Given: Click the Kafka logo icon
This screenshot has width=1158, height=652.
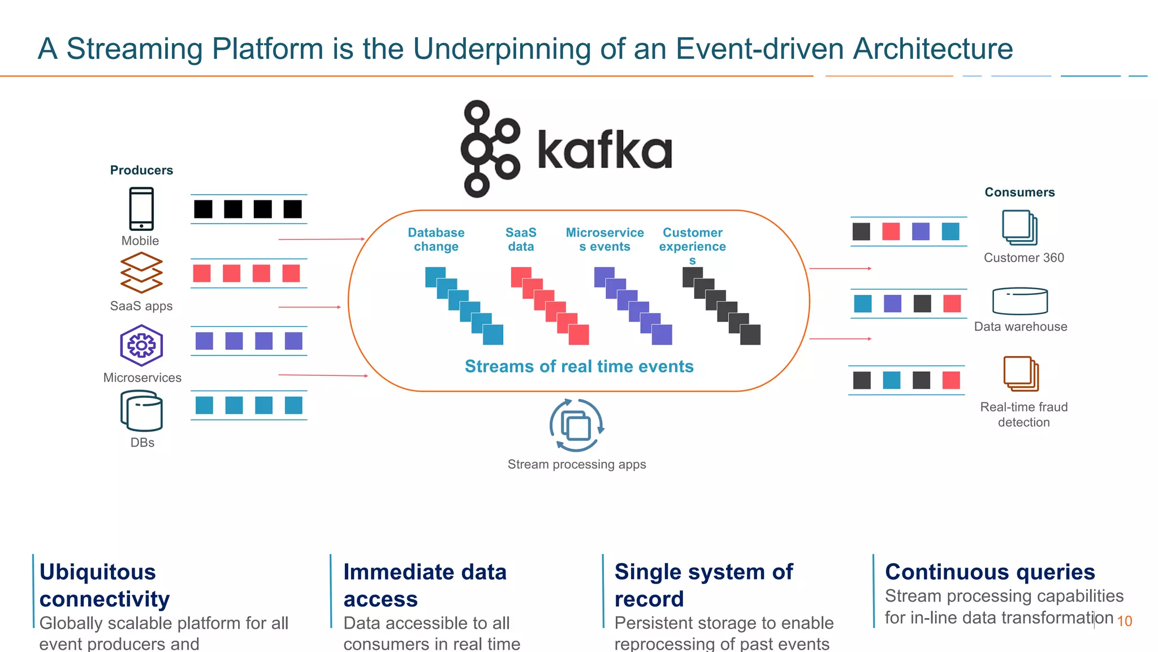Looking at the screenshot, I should (x=490, y=149).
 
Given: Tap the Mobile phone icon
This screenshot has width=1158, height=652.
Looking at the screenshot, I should (x=141, y=208).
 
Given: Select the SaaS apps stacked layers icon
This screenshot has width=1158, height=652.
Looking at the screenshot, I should (x=141, y=272).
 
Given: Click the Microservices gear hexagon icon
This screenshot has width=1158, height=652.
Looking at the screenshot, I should (x=141, y=345).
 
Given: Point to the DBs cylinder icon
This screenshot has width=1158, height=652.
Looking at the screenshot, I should (x=141, y=411).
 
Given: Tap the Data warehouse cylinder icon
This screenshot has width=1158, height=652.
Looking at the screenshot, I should (x=1020, y=301).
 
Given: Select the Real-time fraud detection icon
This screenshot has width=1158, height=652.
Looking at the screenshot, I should (x=1021, y=374).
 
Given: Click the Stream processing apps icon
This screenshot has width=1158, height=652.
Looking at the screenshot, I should (x=576, y=426).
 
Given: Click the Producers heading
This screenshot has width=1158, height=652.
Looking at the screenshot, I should (x=141, y=170).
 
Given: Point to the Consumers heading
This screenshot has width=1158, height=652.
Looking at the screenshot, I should (x=1019, y=192).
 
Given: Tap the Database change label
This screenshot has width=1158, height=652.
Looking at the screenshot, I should (x=436, y=239).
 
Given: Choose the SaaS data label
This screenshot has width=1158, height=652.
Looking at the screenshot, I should (x=521, y=239).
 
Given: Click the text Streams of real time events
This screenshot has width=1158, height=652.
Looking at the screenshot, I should (x=579, y=367).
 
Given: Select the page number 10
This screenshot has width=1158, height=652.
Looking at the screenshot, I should (x=1124, y=621).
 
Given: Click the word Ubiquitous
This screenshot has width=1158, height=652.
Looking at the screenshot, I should (x=98, y=572).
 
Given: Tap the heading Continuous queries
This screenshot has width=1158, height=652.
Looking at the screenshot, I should (x=990, y=572).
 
